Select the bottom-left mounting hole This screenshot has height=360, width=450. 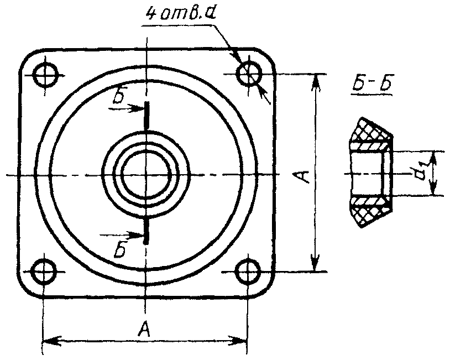[44, 272]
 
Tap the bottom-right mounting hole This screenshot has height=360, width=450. [248, 271]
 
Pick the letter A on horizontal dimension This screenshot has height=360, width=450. [144, 330]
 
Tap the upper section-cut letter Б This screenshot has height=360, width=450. [118, 97]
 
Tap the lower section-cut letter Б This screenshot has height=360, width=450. [118, 250]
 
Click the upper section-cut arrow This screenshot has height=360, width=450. [132, 109]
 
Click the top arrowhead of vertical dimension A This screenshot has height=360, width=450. [315, 79]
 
